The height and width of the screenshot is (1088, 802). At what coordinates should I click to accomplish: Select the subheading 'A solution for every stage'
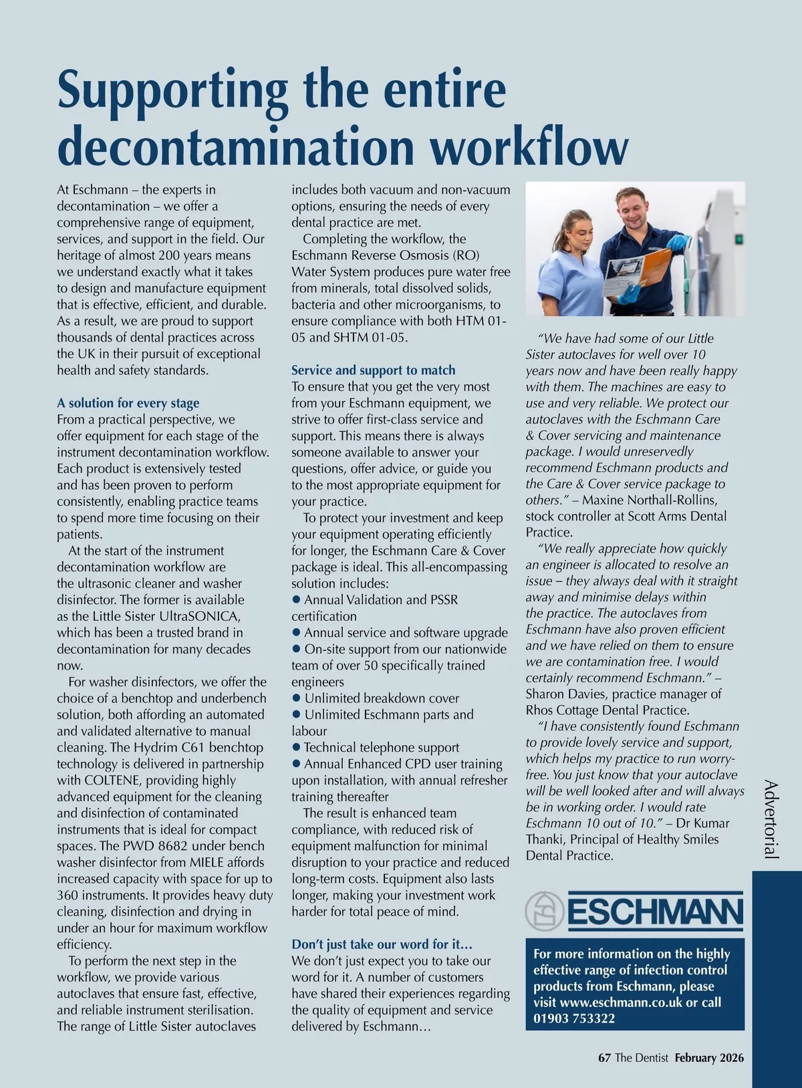pos(128,403)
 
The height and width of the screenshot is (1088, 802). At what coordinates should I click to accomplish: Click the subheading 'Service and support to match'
pos(373,370)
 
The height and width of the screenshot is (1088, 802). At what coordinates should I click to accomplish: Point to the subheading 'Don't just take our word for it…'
pos(382,944)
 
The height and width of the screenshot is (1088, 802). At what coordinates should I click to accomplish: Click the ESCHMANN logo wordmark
pos(655,912)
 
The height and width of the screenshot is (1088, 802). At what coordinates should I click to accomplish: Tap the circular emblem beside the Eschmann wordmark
pos(545,911)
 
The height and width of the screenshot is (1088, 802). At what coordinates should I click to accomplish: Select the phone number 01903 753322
pos(574,1018)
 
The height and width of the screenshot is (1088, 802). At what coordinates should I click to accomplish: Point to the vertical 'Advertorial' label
pos(771,819)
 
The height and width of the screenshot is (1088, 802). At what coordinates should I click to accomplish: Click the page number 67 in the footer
pos(604,1058)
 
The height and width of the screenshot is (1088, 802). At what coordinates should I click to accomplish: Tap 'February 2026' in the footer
pos(708,1058)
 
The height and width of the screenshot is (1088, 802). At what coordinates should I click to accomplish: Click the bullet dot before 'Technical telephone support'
pos(296,747)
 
